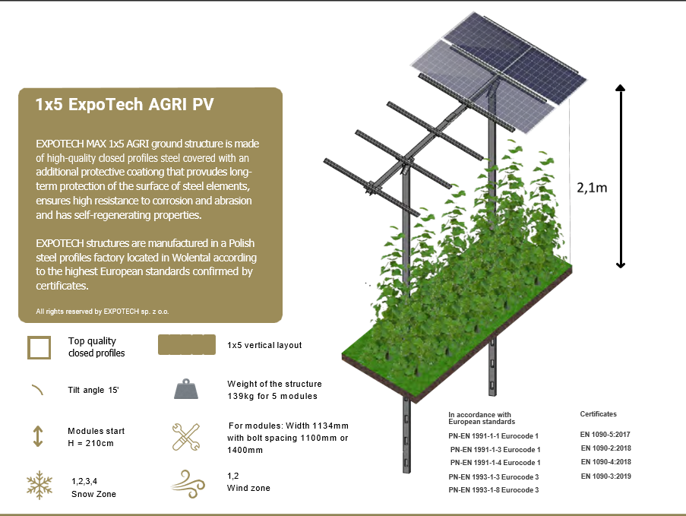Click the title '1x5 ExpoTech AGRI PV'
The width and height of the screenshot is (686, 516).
pos(125,105)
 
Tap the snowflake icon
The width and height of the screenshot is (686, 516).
pos(40,485)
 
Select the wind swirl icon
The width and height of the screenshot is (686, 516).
pos(188,483)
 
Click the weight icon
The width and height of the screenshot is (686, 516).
pos(186,389)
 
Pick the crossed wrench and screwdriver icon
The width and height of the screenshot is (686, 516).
pos(186,437)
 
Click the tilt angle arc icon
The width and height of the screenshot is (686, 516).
pos(38,389)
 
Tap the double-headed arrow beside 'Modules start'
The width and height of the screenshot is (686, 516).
pos(38,436)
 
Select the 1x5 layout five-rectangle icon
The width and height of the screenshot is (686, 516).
pos(187,344)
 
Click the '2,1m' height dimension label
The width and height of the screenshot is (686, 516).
pos(592,188)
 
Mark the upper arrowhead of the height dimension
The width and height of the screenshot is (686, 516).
pos(621,87)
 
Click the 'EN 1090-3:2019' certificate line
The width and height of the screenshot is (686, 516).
pos(606,476)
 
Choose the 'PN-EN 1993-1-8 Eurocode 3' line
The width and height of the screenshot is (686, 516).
pos(494,489)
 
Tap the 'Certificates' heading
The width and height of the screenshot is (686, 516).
pos(598,414)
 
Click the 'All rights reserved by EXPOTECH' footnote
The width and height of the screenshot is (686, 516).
pos(103,312)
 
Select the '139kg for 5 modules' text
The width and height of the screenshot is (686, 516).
pos(272,396)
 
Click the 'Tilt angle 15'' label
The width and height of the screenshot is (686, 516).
pos(93,390)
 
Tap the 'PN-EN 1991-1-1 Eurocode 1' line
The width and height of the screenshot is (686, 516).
pos(494,436)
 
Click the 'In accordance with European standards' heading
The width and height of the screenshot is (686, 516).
pos(482,418)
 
